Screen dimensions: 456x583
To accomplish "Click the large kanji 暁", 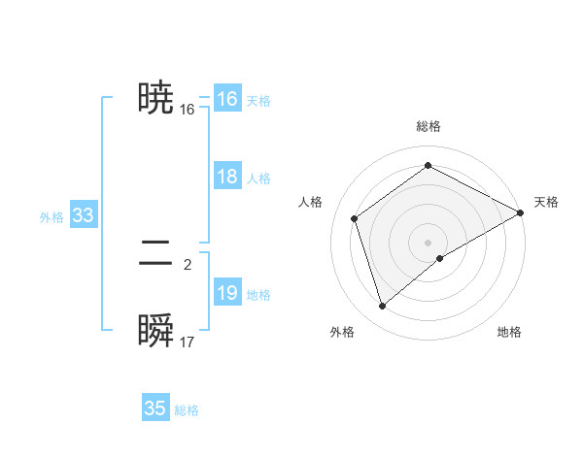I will click(156, 99).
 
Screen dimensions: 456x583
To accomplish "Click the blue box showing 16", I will click(226, 99).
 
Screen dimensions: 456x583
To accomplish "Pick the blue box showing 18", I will click(226, 177).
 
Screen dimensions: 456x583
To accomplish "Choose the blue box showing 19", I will click(226, 293).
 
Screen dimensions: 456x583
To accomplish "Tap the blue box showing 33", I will click(83, 215).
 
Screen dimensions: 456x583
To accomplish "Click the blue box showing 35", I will click(155, 408).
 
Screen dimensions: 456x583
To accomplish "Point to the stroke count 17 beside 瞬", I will click(188, 342).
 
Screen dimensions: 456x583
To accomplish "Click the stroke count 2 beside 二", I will click(188, 264).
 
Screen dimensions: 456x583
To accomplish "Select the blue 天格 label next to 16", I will click(258, 101).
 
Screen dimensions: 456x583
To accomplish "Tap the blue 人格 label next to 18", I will click(258, 179).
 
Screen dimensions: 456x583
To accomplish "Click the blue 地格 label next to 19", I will click(258, 295).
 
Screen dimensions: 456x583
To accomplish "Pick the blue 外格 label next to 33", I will click(51, 217).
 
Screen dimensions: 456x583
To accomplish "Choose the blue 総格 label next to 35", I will click(187, 410).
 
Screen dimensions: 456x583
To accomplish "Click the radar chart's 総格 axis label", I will click(429, 127).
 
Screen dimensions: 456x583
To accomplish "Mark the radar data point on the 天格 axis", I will click(521, 212).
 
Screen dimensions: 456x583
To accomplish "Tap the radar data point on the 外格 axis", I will click(383, 307).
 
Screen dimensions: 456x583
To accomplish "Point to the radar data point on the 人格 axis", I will click(355, 218).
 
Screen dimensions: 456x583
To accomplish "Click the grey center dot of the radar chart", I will click(429, 242).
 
